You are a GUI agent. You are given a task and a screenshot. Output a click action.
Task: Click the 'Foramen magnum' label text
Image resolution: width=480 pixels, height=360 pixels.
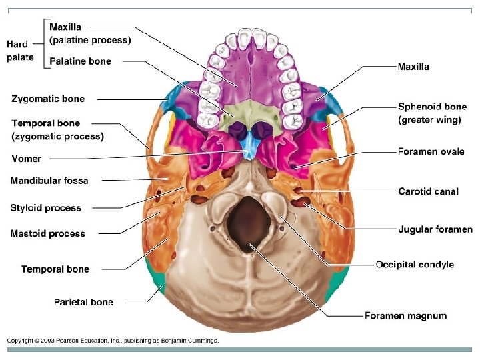[x=405, y=315]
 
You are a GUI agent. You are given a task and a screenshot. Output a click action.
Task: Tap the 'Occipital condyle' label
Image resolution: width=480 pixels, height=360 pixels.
[x=415, y=265]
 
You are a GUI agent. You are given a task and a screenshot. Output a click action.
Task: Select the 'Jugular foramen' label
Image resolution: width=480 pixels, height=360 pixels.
[x=435, y=230]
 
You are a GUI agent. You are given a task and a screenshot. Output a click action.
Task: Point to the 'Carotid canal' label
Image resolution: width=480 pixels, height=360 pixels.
[x=428, y=191]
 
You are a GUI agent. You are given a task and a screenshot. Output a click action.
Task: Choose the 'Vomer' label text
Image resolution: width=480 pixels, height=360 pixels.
[x=26, y=159]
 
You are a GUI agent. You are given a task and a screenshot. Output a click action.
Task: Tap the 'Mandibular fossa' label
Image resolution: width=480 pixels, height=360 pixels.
[x=49, y=181]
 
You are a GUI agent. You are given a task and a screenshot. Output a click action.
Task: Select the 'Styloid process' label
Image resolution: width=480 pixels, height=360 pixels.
[x=45, y=208]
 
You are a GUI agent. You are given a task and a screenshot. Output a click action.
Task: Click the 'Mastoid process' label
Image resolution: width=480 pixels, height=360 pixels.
[x=47, y=233]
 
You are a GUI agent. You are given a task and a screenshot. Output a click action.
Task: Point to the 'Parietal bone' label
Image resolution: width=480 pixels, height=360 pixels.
[x=83, y=302]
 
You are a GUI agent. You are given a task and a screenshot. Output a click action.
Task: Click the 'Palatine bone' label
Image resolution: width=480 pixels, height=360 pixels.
[x=80, y=61]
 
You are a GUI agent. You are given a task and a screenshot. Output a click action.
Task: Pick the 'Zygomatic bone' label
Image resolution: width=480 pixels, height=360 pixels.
[x=48, y=99]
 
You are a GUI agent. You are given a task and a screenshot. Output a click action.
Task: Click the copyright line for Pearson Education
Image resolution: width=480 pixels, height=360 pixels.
[x=113, y=341]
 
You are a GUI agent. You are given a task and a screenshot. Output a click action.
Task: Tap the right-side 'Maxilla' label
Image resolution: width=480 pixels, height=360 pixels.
[x=413, y=67]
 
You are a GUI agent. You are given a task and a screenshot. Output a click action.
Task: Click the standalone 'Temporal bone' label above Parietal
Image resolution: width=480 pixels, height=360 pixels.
[x=55, y=269]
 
